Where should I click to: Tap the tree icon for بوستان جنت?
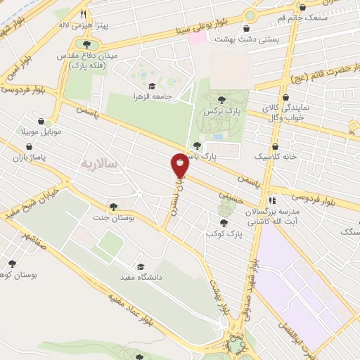click(x=113, y=206)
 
